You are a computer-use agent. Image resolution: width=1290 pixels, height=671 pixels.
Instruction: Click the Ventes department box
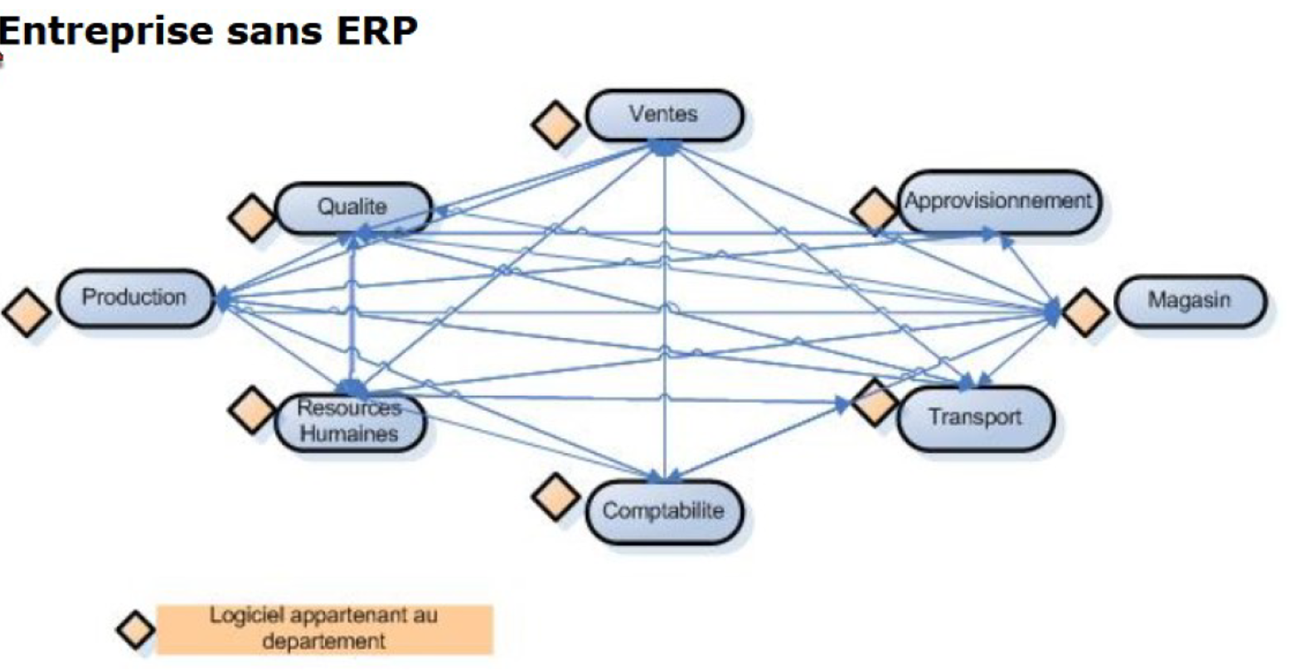click(664, 115)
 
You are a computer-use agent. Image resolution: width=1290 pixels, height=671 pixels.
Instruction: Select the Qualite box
click(353, 207)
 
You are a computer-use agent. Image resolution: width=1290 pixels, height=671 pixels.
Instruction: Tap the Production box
click(135, 297)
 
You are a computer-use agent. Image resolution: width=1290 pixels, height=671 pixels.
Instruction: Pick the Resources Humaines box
click(349, 422)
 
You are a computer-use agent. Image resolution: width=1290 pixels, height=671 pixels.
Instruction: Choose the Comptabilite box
click(664, 511)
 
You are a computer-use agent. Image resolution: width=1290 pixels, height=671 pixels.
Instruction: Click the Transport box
click(975, 418)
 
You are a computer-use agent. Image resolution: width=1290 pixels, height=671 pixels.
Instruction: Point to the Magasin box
click(1190, 301)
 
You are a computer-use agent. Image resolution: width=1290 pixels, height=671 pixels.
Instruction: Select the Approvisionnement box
click(999, 201)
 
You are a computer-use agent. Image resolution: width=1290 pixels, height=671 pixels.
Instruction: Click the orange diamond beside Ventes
click(555, 124)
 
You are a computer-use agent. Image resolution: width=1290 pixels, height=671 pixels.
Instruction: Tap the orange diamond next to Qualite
click(252, 217)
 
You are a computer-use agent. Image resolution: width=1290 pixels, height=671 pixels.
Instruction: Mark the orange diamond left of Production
click(27, 312)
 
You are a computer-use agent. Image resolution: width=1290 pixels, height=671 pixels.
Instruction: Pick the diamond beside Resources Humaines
click(252, 409)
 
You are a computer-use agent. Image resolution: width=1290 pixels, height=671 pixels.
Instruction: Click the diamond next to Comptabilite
click(555, 497)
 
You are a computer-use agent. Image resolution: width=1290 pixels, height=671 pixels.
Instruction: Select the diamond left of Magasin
click(1086, 312)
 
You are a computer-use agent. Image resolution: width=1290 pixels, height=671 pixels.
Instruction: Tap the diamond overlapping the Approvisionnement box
click(875, 210)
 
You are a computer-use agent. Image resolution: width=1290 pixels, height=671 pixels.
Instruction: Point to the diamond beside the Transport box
click(875, 403)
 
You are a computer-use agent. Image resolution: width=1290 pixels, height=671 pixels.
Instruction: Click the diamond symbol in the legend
click(135, 631)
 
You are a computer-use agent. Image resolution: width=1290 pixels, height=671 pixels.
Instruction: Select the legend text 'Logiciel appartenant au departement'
click(323, 628)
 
